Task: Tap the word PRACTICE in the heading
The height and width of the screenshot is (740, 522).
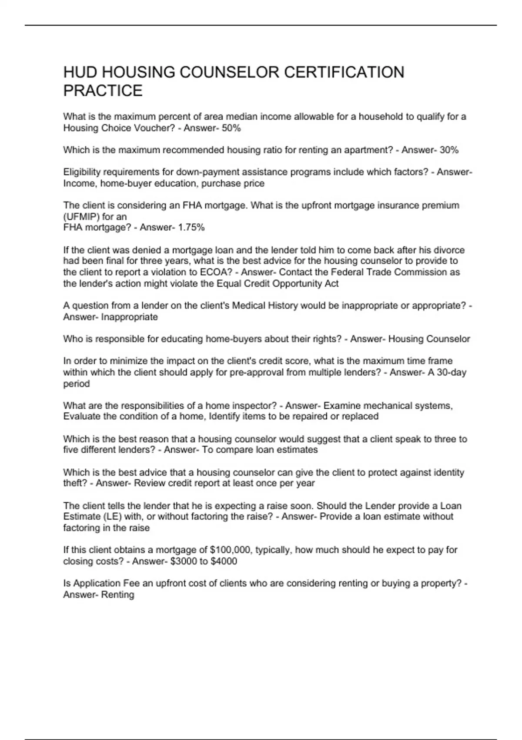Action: (x=103, y=91)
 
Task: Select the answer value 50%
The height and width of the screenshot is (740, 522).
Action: (x=231, y=128)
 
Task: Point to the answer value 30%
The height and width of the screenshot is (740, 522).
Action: (x=449, y=150)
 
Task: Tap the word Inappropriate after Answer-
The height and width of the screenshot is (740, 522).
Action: (x=129, y=317)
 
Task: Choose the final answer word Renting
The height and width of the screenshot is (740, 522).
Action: (x=117, y=595)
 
